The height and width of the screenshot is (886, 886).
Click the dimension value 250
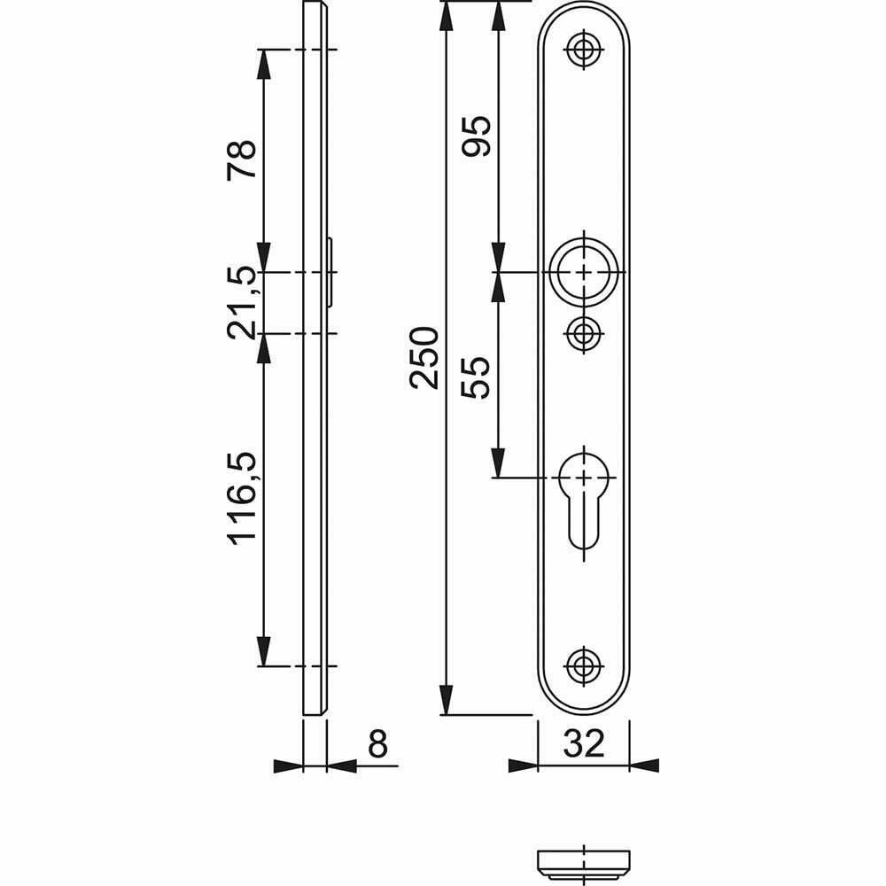(424, 358)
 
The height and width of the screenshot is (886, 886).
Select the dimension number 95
(477, 136)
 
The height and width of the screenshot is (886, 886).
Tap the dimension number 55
(476, 377)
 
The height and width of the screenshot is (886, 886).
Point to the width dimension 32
(584, 743)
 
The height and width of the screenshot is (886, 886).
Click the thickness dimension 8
(378, 743)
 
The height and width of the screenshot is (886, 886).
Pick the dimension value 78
(242, 159)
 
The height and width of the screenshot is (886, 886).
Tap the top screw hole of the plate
(584, 49)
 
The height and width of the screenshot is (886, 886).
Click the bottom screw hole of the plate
(584, 665)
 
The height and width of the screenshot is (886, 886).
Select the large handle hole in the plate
(584, 272)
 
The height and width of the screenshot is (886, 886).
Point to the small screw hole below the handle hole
(584, 333)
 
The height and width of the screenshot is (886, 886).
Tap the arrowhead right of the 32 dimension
(644, 766)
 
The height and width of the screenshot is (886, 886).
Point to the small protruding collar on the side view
(330, 272)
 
